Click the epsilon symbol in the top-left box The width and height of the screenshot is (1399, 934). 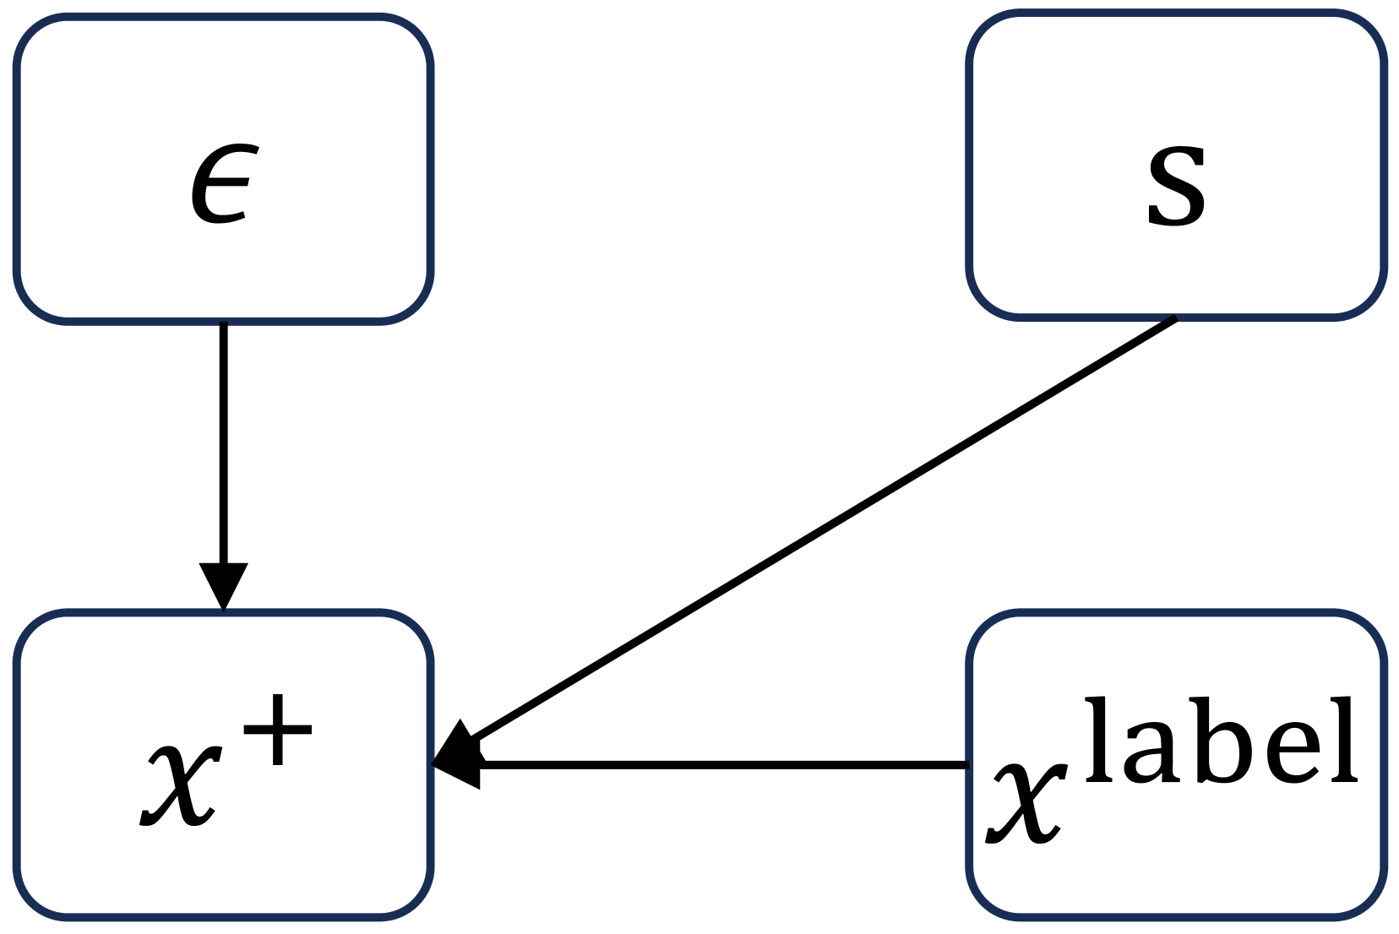223,184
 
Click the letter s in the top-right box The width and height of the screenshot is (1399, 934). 1176,186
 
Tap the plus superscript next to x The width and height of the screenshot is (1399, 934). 278,730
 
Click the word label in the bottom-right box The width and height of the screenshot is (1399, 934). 1221,741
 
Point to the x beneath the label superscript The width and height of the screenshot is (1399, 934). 1025,804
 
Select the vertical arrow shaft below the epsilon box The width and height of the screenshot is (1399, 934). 223,439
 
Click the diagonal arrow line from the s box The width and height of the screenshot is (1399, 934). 819,530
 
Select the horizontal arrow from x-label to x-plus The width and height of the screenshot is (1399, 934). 718,765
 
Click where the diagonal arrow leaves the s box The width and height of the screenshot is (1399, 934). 1174,319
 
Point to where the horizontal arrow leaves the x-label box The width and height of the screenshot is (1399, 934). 966,765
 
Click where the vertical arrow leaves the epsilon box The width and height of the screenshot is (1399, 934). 223,324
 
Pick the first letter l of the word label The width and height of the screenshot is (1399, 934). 1096,739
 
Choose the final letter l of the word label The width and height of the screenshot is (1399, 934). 1343,739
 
